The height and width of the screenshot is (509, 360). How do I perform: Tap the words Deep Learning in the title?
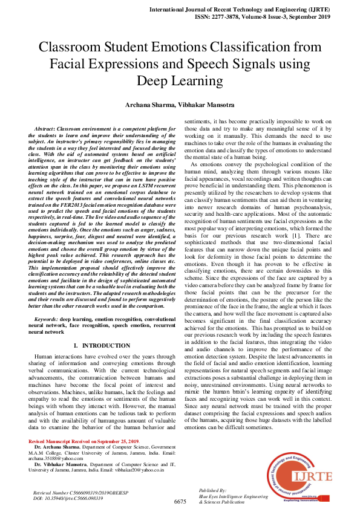coord(180,81)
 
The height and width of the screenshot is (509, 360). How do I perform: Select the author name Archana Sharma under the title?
coord(150,105)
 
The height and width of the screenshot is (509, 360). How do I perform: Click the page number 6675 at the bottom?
coord(180,502)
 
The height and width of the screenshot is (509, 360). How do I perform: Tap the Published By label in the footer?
coord(213,490)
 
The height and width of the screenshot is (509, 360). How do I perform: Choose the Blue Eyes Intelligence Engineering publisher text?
coord(234,496)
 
